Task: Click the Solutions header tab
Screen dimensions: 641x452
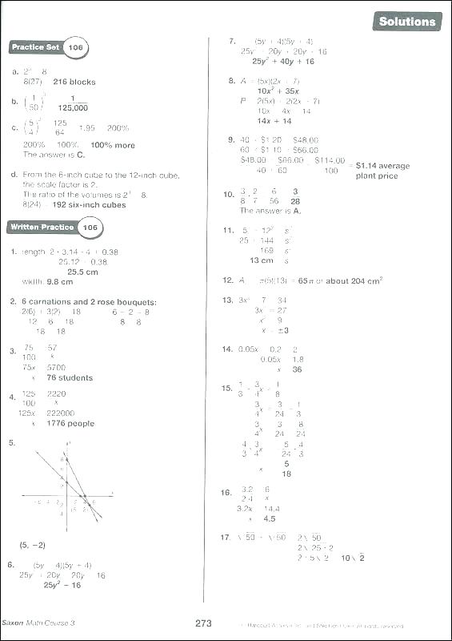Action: pyautogui.click(x=407, y=22)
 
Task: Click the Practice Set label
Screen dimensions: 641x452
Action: pyautogui.click(x=34, y=48)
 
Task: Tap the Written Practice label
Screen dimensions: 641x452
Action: pyautogui.click(x=42, y=228)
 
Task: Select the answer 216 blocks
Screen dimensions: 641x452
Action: pyautogui.click(x=74, y=83)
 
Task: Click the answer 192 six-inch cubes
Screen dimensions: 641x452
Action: pyautogui.click(x=88, y=205)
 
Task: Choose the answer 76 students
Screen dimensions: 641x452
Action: pyautogui.click(x=70, y=378)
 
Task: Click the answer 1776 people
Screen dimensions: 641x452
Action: pyautogui.click(x=70, y=424)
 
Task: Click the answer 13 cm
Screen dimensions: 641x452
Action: pyautogui.click(x=262, y=260)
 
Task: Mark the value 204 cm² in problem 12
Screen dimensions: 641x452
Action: pyautogui.click(x=362, y=280)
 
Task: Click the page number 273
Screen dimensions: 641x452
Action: pyautogui.click(x=203, y=623)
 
